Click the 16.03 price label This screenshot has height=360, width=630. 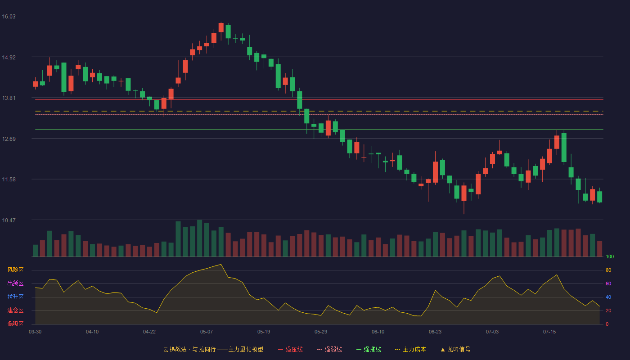click(9, 17)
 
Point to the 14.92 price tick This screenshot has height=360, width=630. click(9, 58)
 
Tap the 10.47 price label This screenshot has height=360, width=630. click(9, 220)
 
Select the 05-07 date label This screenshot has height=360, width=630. click(207, 332)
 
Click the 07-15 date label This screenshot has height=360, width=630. click(549, 332)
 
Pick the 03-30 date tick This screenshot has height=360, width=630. click(35, 332)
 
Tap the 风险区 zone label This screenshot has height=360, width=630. click(15, 270)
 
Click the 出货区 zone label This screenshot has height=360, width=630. click(15, 283)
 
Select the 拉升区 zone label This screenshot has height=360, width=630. click(15, 297)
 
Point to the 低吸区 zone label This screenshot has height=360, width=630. click(15, 324)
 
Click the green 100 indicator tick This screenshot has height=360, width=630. click(610, 256)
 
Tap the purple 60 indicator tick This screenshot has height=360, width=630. click(608, 283)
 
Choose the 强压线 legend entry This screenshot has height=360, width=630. click(290, 349)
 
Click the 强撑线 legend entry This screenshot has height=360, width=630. click(369, 349)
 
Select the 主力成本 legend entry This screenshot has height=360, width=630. click(410, 349)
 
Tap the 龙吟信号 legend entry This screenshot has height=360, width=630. click(455, 349)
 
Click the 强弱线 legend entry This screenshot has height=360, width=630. click(329, 349)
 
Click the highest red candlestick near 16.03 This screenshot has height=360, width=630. click(221, 27)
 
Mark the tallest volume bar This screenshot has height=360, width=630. click(199, 238)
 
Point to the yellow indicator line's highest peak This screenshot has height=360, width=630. click(221, 265)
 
